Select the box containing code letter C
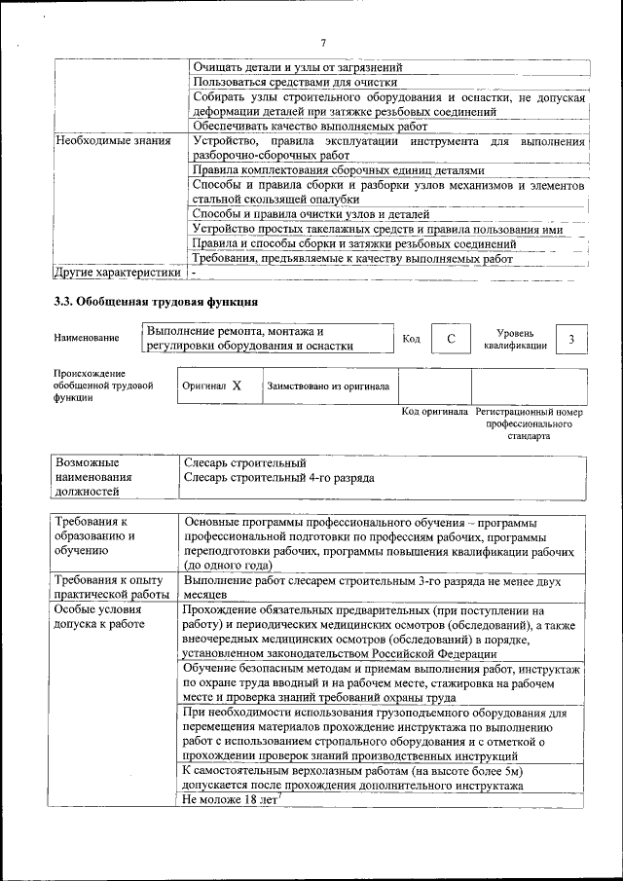451,338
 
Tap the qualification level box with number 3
572,338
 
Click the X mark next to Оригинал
237,386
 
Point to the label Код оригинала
434,412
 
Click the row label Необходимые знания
114,142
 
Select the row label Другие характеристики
117,273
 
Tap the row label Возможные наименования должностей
99,478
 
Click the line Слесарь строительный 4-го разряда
278,478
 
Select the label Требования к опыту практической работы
113,587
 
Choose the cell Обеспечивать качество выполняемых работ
310,127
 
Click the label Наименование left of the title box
87,338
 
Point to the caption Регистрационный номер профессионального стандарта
528,423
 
